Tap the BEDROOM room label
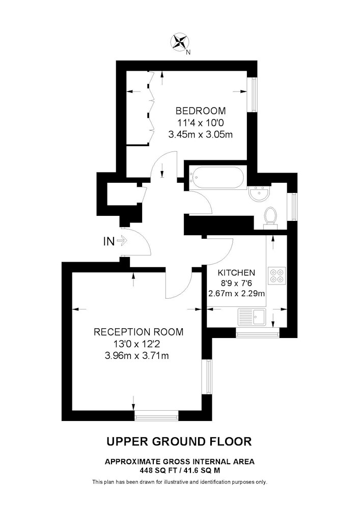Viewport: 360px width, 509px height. tap(201, 110)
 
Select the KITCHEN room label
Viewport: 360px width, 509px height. tap(236, 273)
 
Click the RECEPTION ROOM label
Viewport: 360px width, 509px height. tap(139, 332)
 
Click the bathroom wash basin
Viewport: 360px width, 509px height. tap(259, 193)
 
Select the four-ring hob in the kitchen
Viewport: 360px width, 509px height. tap(277, 275)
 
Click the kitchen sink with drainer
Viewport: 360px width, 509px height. tap(252, 317)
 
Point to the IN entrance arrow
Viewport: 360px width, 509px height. tap(122, 241)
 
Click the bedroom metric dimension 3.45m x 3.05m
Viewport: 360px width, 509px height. tap(201, 134)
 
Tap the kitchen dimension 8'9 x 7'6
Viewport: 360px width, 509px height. tap(236, 283)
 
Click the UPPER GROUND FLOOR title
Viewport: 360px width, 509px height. tap(179, 441)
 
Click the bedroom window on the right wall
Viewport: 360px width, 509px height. tap(253, 95)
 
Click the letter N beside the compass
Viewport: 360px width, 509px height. tap(188, 52)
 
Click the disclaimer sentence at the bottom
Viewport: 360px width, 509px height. tap(180, 482)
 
